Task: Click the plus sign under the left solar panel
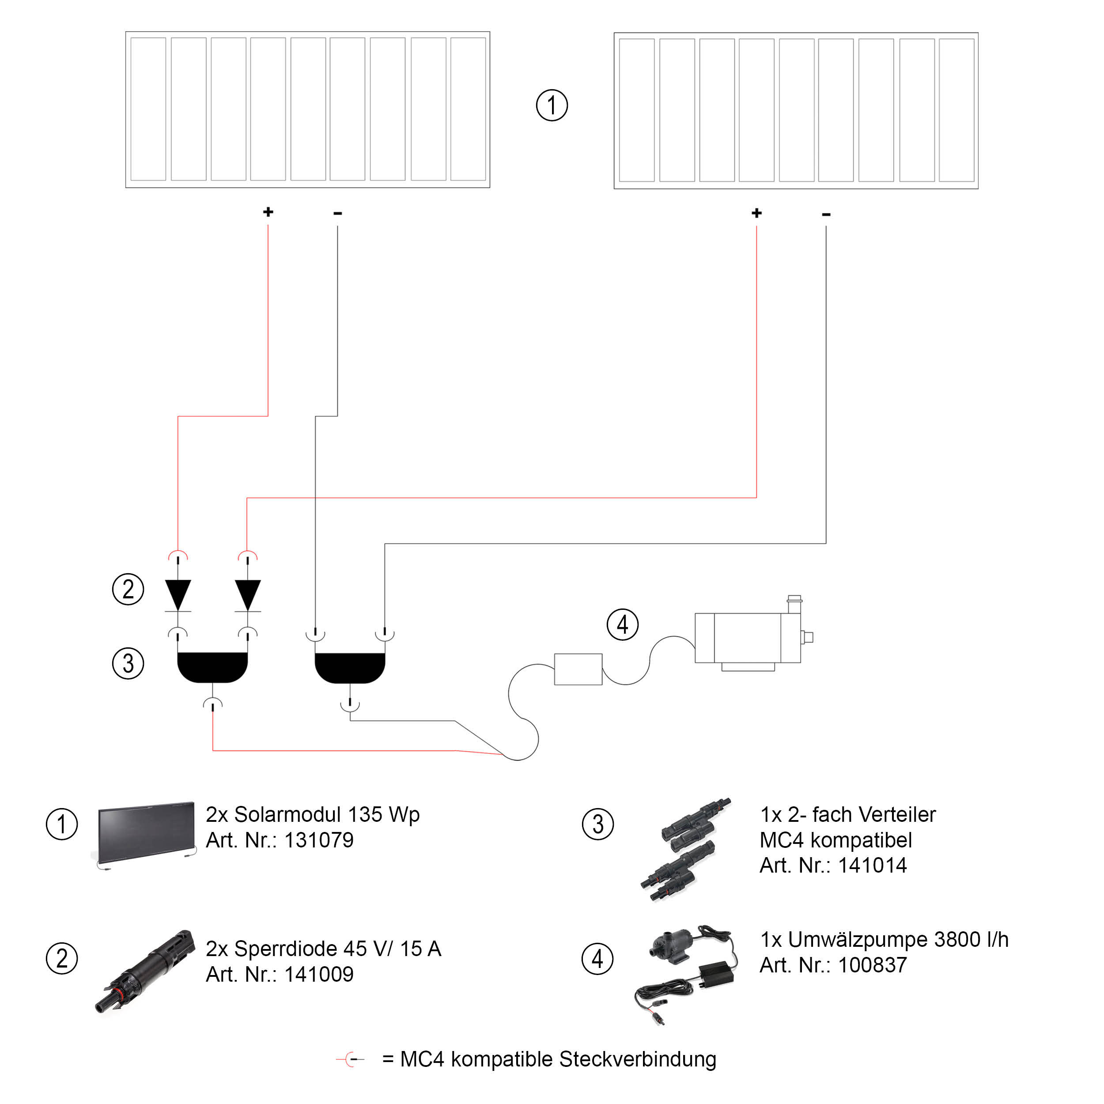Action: coord(268,212)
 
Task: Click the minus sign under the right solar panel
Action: coord(826,214)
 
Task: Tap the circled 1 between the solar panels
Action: coord(552,106)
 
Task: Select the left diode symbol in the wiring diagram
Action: coord(178,595)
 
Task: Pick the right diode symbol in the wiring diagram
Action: coord(247,595)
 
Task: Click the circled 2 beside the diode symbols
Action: coord(128,589)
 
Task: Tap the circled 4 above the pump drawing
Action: coord(622,624)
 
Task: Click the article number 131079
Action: coord(319,840)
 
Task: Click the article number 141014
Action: coord(872,865)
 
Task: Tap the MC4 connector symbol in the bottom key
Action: coord(351,1059)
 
